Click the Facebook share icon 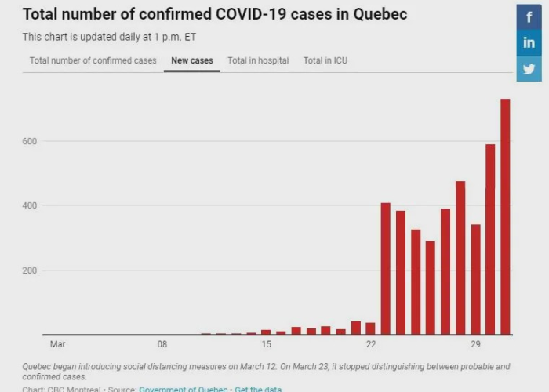point(529,16)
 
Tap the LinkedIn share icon point(529,42)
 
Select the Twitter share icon point(529,69)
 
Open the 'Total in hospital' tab point(258,60)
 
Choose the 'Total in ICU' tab point(325,60)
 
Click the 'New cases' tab point(192,60)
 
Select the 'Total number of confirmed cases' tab point(93,60)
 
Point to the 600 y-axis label point(30,141)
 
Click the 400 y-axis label point(30,205)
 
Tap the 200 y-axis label point(30,270)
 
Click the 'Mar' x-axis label point(57,344)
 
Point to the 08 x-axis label point(162,344)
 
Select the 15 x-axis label point(267,344)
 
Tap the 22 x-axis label point(371,344)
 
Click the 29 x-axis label point(475,344)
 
